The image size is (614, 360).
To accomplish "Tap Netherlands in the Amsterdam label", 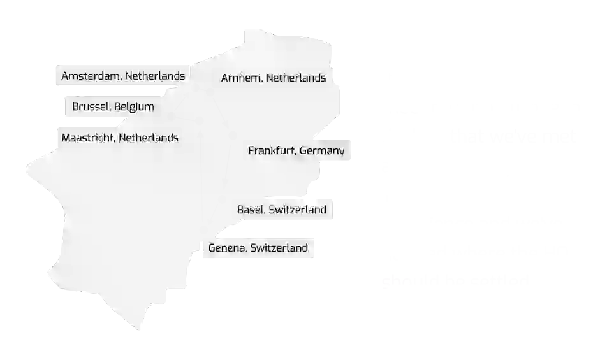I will point(155,76).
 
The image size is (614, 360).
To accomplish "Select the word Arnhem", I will point(241,78).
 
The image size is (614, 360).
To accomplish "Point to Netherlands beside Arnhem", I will point(296,78).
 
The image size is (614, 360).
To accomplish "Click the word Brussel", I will point(92,106).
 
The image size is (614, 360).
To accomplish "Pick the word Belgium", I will point(135,106).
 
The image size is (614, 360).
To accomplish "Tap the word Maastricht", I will point(89,137).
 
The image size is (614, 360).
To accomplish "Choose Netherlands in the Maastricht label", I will point(149,137).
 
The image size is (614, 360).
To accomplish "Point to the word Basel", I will point(251,209).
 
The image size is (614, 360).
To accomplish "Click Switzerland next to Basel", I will point(297,209).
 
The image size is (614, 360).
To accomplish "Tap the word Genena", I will point(226,248).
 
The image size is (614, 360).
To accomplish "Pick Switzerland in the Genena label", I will point(279,248).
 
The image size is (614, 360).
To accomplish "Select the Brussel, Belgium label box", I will point(110,106).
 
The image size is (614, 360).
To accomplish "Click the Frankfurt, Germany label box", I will point(296,151).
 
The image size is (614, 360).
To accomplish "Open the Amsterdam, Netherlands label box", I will point(121,76).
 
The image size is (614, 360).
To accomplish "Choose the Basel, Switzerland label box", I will point(281,210).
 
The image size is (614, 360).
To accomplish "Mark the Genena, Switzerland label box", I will point(258,248).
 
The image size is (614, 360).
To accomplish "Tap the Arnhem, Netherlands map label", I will point(273,78).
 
